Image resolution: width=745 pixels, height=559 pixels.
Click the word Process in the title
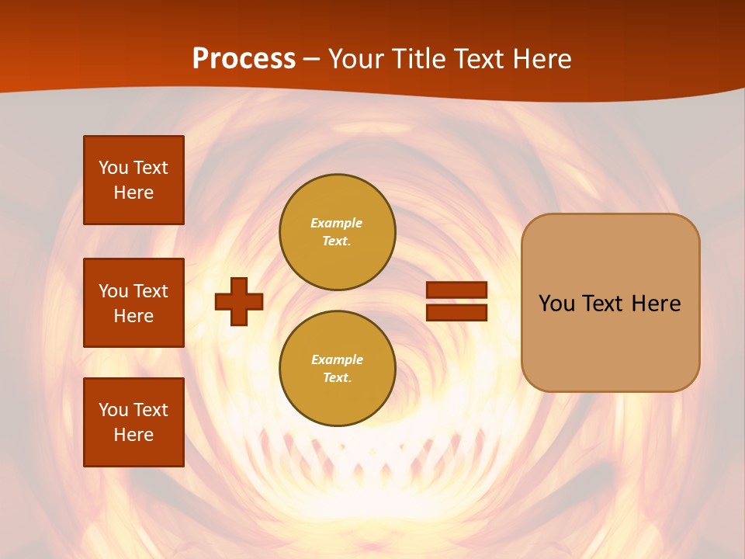tap(244, 59)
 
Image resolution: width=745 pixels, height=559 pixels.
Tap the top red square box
tap(133, 180)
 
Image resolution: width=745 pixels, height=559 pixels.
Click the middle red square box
tap(133, 303)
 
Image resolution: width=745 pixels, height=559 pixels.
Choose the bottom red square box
tap(133, 422)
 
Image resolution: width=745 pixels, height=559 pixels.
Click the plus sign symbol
tap(239, 301)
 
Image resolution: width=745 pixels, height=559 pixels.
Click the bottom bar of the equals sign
tap(457, 313)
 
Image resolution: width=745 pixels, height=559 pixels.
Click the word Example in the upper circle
tap(337, 223)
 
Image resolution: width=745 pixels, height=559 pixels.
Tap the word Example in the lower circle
tap(337, 359)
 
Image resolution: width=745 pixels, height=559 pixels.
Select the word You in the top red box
tap(113, 168)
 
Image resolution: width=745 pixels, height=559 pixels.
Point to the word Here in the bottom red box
tap(133, 435)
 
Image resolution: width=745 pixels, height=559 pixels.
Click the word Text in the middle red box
tap(151, 291)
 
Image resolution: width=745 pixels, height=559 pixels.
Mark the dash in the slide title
tap(312, 59)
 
